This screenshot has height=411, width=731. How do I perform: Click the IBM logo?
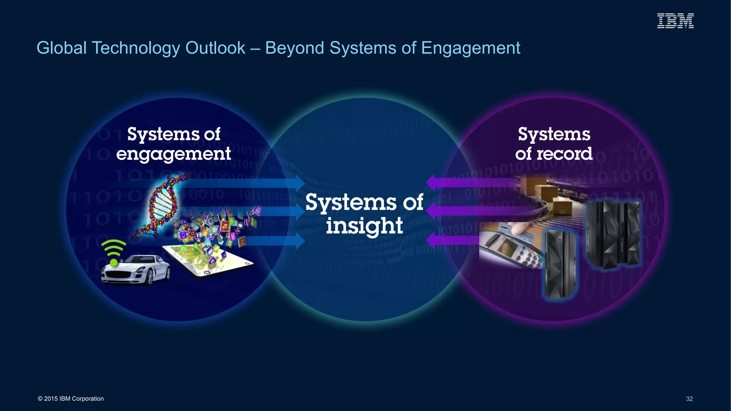675,21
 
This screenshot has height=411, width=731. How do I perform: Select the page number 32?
689,399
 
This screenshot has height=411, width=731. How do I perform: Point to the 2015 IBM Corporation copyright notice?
71,399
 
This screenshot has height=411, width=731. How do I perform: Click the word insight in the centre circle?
364,226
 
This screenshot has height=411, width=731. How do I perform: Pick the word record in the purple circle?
564,154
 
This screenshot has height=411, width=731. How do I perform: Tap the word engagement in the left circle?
173,154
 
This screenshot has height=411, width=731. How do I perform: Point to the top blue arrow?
250,183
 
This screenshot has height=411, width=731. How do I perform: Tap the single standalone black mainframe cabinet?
559,264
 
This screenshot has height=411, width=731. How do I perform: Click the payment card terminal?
510,246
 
